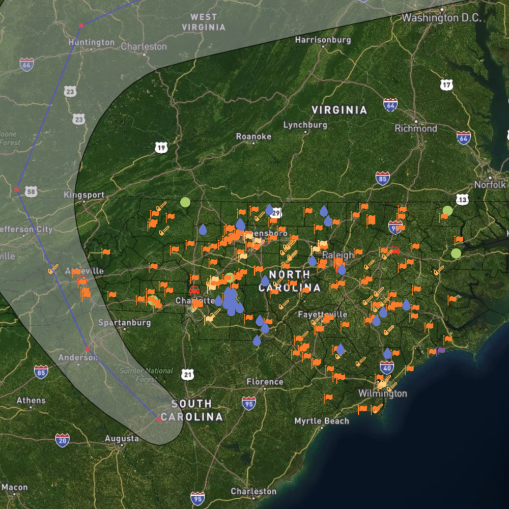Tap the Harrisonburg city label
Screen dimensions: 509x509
click(323, 40)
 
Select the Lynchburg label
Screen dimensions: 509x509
click(305, 125)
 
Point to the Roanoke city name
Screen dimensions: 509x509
click(253, 136)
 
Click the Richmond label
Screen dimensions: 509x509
click(416, 128)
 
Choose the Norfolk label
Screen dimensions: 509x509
click(490, 185)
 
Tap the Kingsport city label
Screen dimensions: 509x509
click(84, 195)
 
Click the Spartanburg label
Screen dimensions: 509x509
click(125, 323)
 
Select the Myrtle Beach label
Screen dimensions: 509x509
click(322, 421)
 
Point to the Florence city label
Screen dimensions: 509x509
click(265, 382)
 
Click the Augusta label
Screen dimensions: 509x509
click(122, 438)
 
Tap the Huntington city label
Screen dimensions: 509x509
click(92, 42)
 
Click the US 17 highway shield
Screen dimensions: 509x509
click(446, 85)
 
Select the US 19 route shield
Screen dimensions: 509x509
click(161, 148)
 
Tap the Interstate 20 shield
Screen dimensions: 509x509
click(62, 439)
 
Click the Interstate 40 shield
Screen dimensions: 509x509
click(387, 367)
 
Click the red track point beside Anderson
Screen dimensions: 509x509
click(88, 349)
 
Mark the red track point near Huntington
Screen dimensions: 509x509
click(81, 25)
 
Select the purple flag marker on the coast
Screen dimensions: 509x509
click(441, 350)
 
